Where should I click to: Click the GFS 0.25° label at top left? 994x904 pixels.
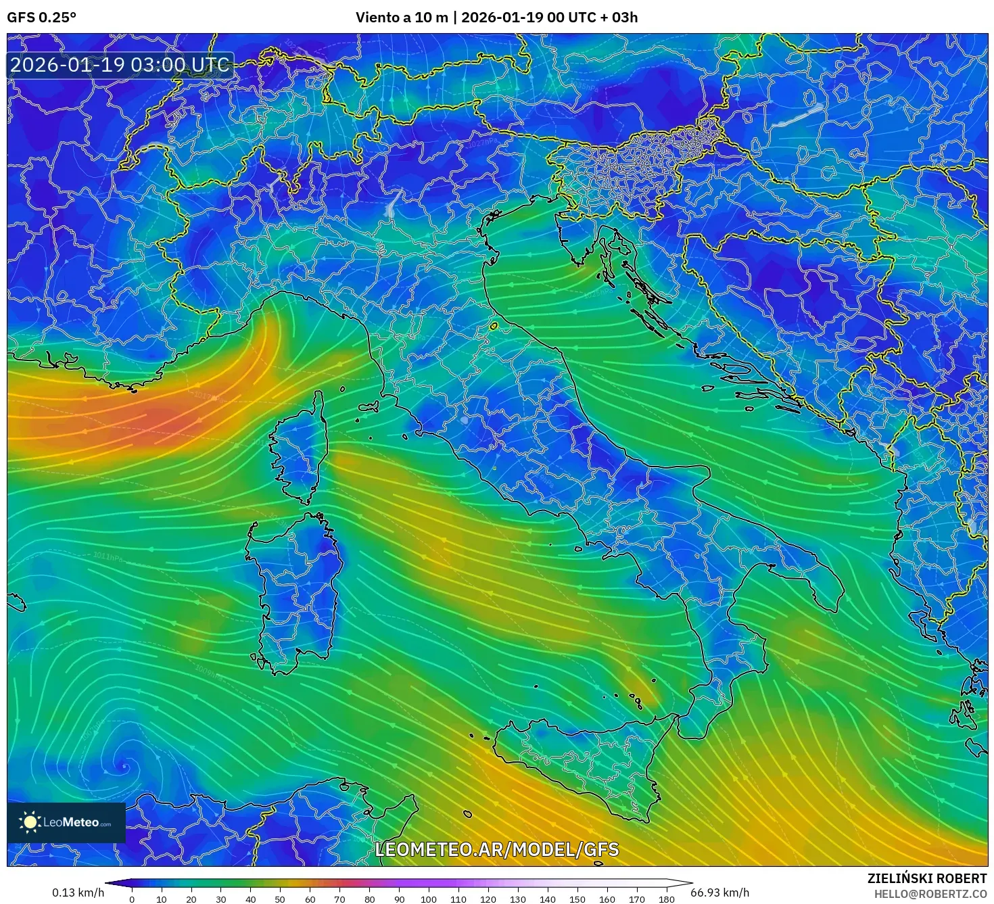pos(41,18)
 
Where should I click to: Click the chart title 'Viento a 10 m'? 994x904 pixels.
pos(402,18)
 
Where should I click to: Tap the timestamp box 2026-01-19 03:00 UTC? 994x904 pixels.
pos(120,65)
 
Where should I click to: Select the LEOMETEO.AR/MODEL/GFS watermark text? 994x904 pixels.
pos(497,849)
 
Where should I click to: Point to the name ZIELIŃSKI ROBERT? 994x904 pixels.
pos(926,878)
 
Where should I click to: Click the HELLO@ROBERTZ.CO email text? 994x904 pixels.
pos(930,893)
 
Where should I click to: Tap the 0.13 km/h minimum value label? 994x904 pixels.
pos(78,893)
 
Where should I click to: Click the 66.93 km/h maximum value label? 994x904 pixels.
pos(719,893)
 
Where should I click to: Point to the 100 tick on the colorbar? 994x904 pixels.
pos(429,899)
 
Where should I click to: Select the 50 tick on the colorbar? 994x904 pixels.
pos(280,899)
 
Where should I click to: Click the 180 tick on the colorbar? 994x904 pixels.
pos(667,899)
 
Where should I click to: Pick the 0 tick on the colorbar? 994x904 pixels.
pos(132,899)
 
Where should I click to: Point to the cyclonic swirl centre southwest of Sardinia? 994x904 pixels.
pos(124,766)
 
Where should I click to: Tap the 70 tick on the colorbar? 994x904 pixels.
pos(339,899)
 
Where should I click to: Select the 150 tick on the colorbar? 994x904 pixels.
pos(577,899)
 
